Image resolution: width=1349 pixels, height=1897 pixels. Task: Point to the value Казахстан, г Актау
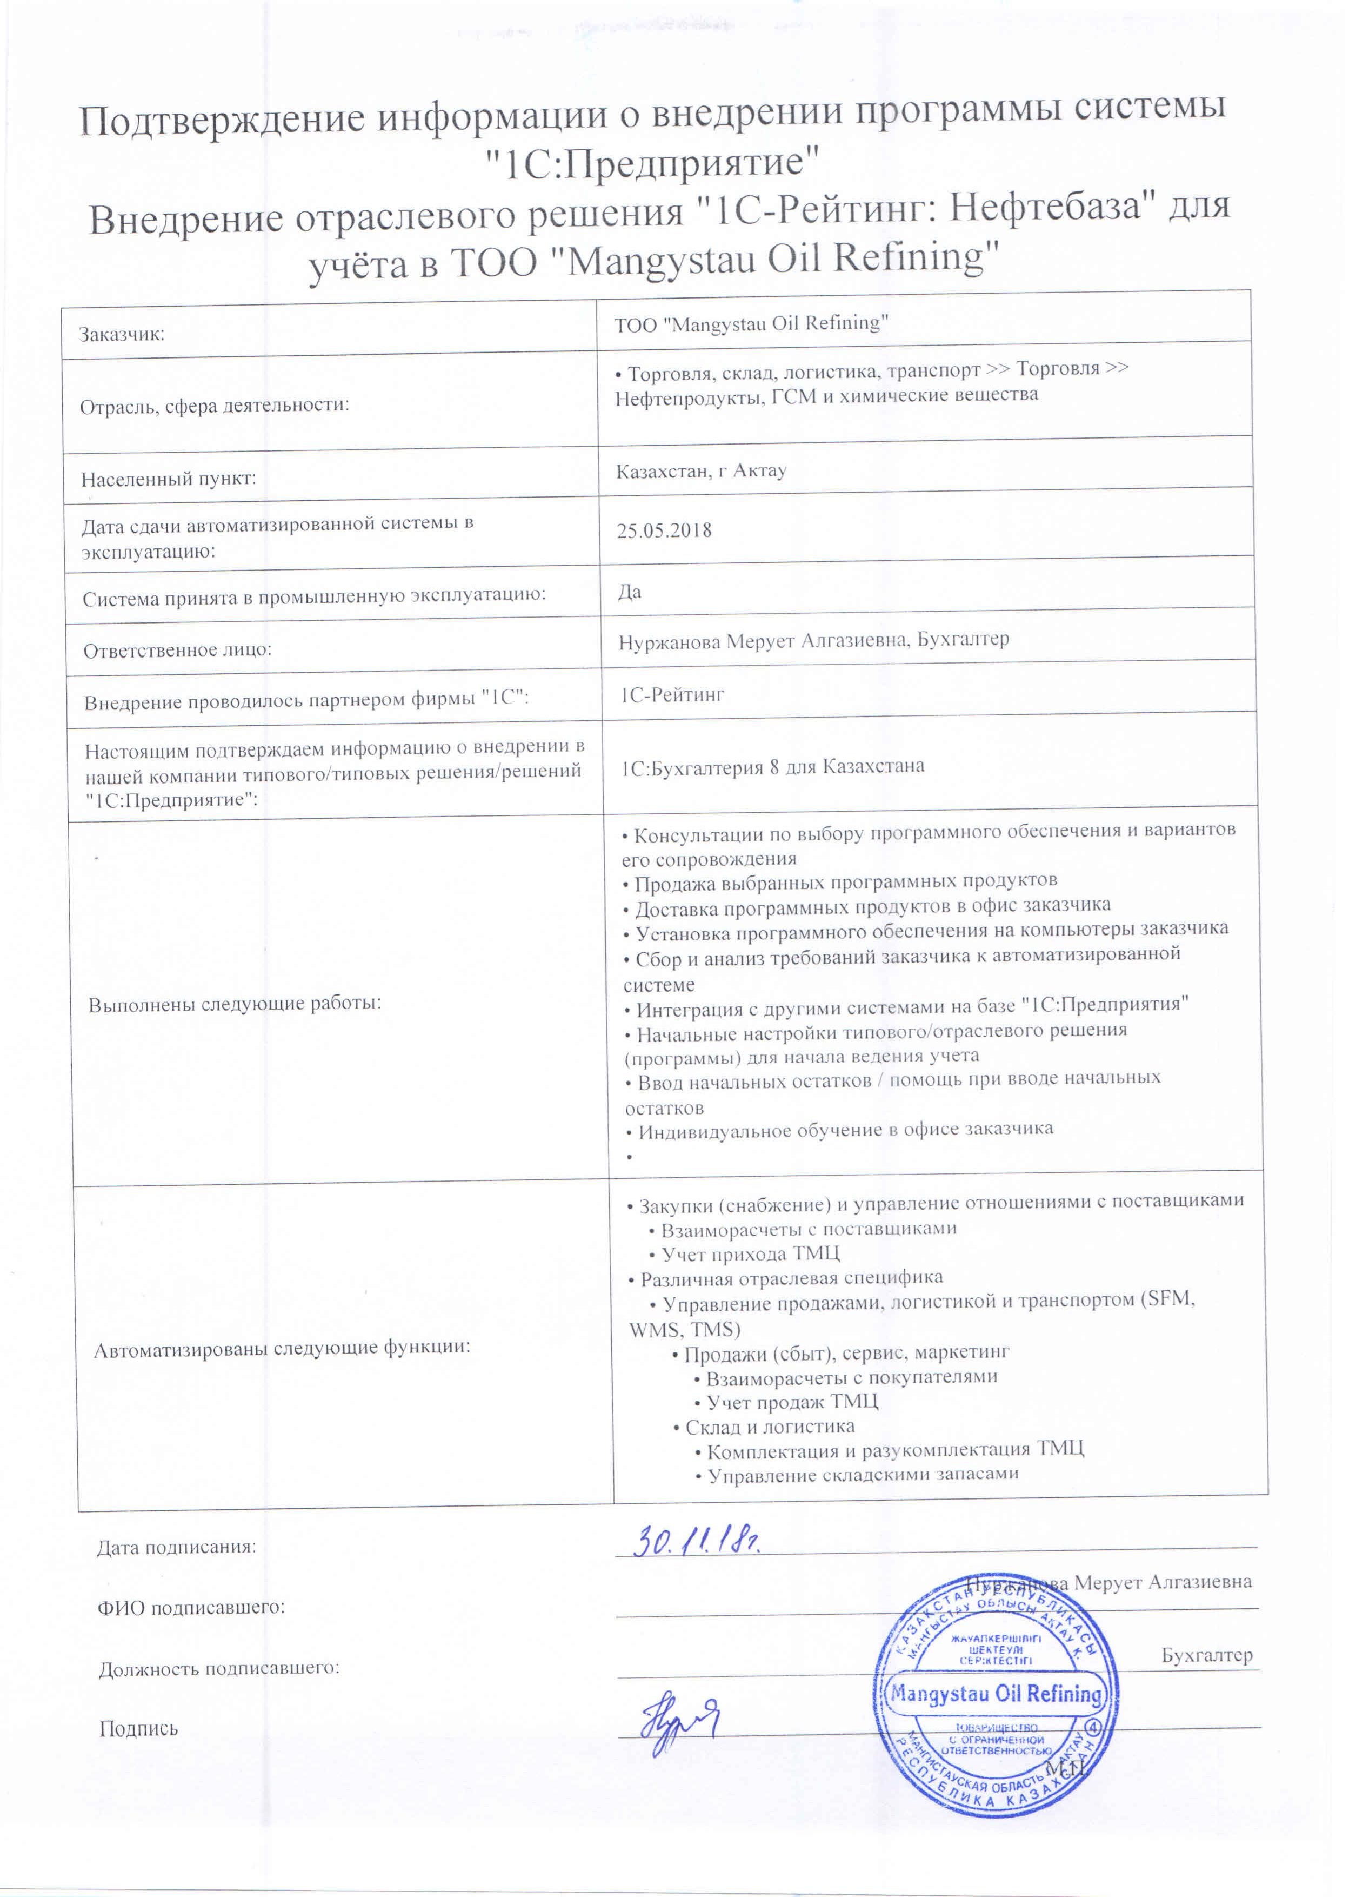click(x=701, y=471)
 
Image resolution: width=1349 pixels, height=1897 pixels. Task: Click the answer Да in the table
click(x=630, y=592)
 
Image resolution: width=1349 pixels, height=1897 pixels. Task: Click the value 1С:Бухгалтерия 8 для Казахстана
click(x=772, y=766)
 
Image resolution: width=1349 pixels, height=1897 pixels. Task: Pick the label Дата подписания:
click(x=177, y=1547)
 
